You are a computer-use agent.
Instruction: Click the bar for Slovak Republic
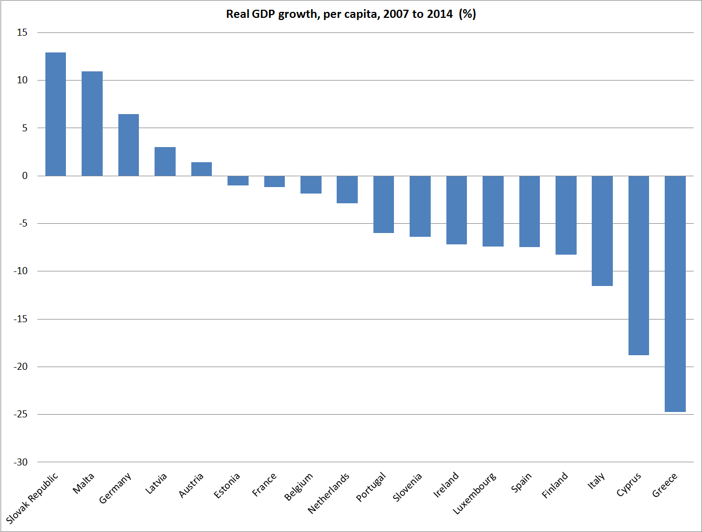click(x=56, y=114)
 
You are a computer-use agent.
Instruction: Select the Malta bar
click(x=92, y=124)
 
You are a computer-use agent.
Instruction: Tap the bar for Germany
click(x=129, y=145)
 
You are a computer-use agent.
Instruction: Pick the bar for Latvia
click(x=165, y=162)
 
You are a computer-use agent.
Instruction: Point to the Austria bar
click(x=202, y=169)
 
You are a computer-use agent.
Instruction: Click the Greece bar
click(x=675, y=294)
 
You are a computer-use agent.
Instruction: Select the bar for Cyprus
click(x=639, y=265)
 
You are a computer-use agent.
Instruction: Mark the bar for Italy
click(x=602, y=231)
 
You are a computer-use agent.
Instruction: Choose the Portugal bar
click(x=384, y=204)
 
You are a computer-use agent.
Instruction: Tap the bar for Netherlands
click(x=347, y=189)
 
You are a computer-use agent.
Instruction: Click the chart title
click(x=351, y=14)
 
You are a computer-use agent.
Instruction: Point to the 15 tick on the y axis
click(x=22, y=32)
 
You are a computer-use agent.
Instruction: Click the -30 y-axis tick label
click(x=21, y=462)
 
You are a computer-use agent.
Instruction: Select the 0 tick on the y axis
click(x=25, y=176)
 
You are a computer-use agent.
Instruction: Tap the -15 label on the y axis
click(x=21, y=319)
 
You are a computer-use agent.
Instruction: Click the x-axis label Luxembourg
click(x=474, y=493)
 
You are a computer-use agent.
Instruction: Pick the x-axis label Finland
click(x=555, y=485)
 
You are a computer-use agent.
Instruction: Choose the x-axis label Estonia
click(x=227, y=486)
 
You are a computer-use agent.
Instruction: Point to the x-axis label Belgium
click(x=299, y=487)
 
